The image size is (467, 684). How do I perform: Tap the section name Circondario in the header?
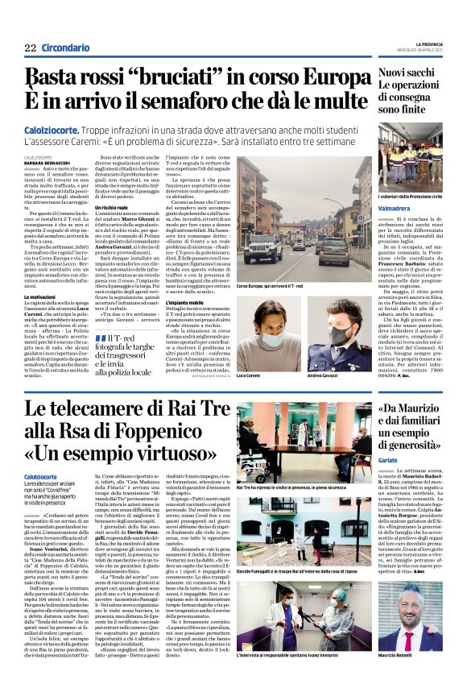pos(65,48)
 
